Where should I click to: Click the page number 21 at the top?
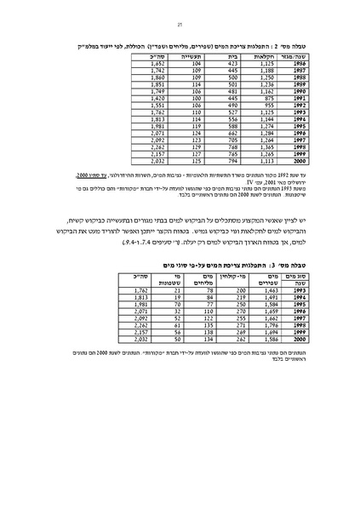pyautogui.click(x=180, y=26)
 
